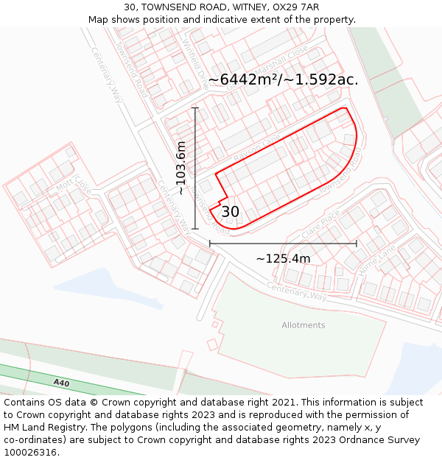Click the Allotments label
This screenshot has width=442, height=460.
pyautogui.click(x=303, y=325)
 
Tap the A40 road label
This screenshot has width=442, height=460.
pyautogui.click(x=61, y=383)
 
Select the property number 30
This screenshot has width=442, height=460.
pyautogui.click(x=230, y=212)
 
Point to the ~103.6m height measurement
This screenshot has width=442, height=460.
pyautogui.click(x=181, y=168)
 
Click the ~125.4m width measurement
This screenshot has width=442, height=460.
pyautogui.click(x=283, y=258)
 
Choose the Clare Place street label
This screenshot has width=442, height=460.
pyautogui.click(x=320, y=224)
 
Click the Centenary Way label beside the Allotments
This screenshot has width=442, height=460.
pyautogui.click(x=298, y=291)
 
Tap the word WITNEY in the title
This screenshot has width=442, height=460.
pyautogui.click(x=226, y=7)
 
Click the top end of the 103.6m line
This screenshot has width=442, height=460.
pyautogui.click(x=195, y=108)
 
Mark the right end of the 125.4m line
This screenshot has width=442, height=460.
pyautogui.click(x=357, y=243)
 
